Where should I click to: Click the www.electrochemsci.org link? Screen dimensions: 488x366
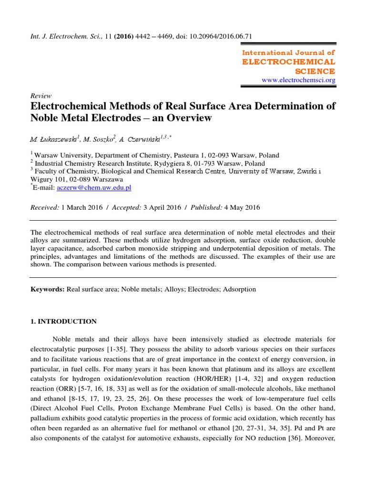coord(299,80)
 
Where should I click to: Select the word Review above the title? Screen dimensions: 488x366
coord(41,96)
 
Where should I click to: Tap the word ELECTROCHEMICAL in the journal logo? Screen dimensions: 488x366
coord(289,62)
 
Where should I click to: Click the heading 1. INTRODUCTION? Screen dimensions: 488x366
coord(63,321)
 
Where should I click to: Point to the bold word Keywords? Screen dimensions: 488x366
coord(47,289)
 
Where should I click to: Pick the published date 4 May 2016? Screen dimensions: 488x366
coord(242,207)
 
